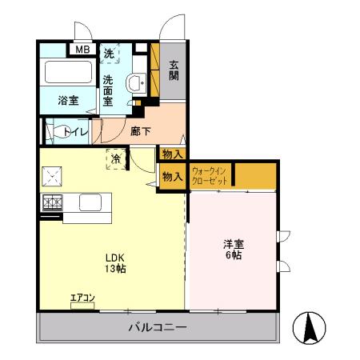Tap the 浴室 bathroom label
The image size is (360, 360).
68,101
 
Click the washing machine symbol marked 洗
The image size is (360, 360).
110,54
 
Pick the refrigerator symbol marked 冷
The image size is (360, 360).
116,158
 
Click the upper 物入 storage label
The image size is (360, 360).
172,154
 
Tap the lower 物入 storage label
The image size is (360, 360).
172,178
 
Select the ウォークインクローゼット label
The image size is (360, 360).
210,176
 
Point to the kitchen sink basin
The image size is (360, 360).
88,202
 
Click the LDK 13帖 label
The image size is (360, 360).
113,263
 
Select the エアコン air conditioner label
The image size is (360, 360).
82,299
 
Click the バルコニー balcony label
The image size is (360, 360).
158,328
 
